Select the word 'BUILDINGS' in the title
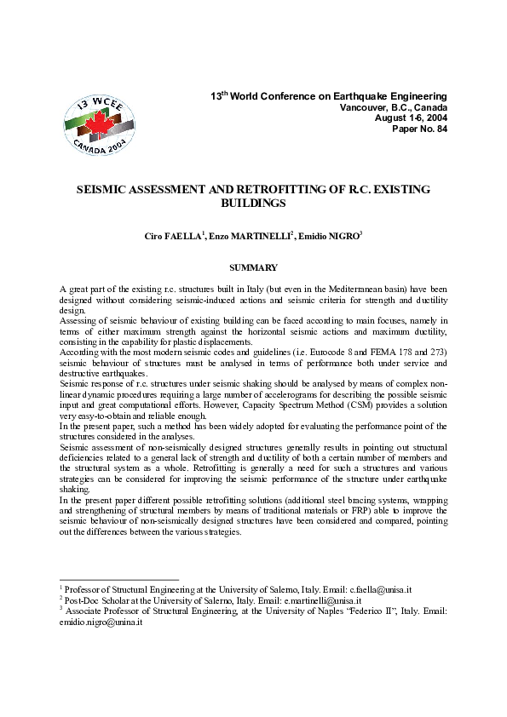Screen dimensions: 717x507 coord(253,204)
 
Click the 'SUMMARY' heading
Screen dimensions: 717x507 coord(253,268)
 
